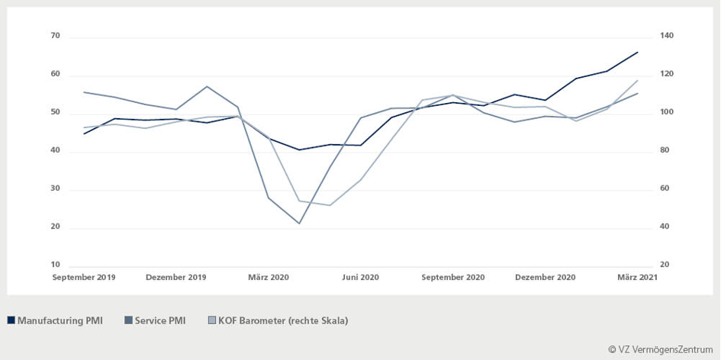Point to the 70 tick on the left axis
tap(55, 36)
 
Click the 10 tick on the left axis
tap(55, 265)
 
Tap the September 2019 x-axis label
tap(84, 278)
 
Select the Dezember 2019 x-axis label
tap(175, 278)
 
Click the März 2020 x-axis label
tap(269, 278)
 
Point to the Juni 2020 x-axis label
tap(360, 278)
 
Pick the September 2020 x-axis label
tap(452, 278)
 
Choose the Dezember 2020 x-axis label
tap(545, 278)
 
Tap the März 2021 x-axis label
tap(637, 278)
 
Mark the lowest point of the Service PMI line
tap(299, 223)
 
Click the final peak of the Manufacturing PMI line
tap(637, 52)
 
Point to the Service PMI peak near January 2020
tap(207, 86)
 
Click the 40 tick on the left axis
tap(55, 150)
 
